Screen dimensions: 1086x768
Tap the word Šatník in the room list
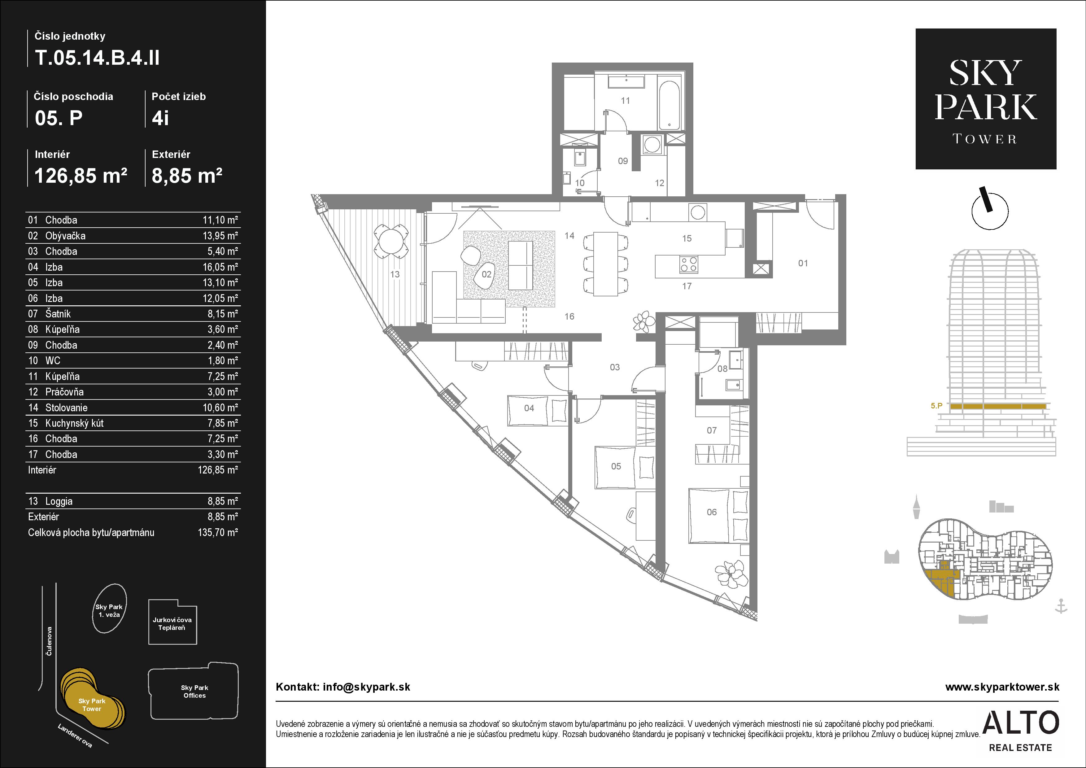click(58, 313)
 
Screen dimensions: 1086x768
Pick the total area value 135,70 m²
click(218, 533)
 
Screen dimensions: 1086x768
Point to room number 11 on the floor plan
click(625, 100)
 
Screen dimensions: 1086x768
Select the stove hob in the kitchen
click(689, 264)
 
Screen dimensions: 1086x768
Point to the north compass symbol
click(990, 211)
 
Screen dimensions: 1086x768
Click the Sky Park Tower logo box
click(986, 99)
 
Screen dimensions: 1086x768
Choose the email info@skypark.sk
click(367, 687)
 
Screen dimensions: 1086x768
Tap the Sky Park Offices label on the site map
click(194, 692)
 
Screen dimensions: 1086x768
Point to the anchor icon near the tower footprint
click(1062, 606)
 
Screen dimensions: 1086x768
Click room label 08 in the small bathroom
click(722, 369)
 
